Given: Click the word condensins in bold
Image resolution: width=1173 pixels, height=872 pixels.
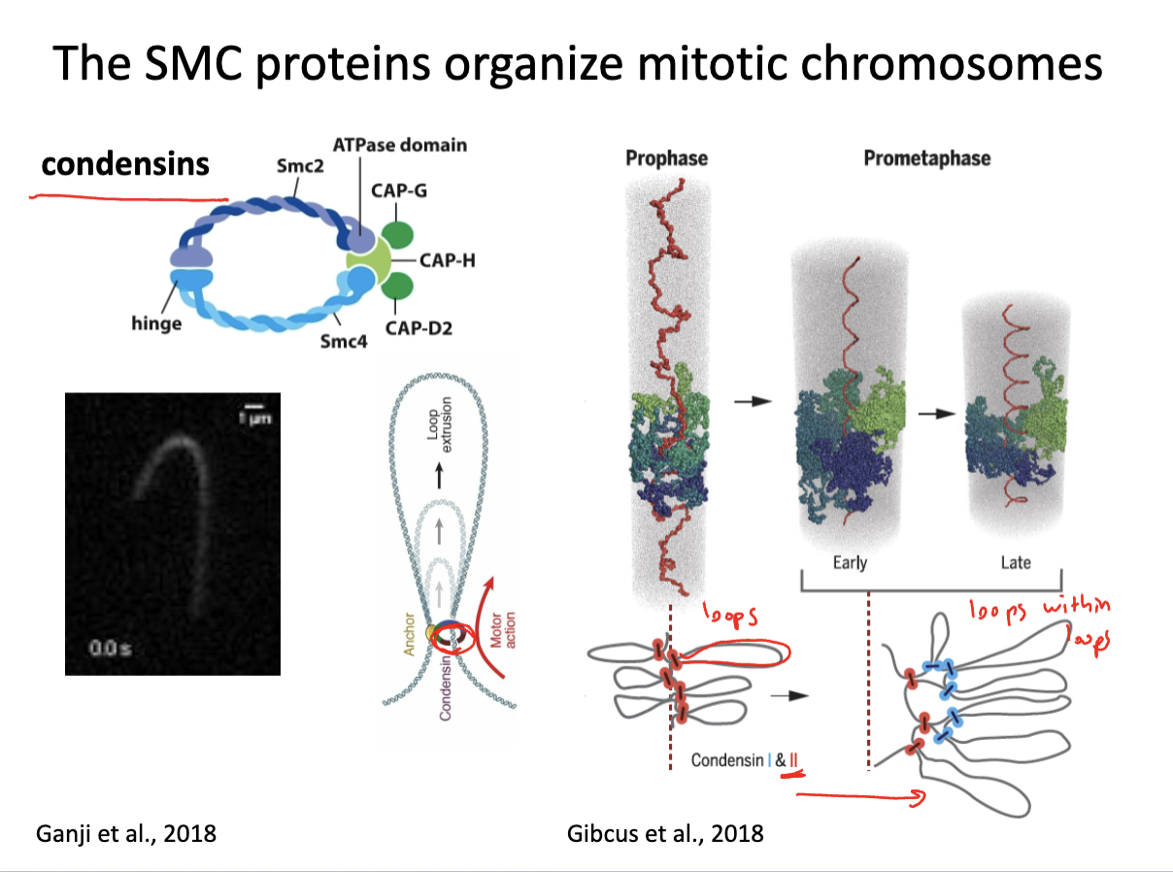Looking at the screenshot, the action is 125,164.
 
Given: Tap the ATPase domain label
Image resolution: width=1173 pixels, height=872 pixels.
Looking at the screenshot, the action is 400,145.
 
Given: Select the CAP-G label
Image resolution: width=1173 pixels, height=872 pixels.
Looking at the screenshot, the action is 399,190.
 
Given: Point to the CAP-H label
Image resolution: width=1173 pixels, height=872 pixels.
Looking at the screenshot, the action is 448,260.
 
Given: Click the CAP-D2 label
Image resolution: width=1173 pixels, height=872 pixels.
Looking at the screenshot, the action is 419,328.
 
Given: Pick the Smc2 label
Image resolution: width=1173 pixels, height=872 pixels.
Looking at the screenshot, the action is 300,166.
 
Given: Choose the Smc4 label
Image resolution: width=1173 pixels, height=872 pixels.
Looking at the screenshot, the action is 343,341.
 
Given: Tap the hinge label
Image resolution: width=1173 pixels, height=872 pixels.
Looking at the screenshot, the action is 156,323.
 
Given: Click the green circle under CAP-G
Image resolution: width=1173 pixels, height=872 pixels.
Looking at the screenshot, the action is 397,235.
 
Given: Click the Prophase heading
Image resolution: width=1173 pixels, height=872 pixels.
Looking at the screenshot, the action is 666,158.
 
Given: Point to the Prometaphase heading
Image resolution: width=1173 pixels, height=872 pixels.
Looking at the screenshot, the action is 927,158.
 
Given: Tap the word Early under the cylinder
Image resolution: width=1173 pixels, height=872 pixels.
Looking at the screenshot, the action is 850,562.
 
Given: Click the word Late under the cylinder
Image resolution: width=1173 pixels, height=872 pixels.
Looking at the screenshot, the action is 1016,562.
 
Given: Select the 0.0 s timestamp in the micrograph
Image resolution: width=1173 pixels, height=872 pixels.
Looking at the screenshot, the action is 110,648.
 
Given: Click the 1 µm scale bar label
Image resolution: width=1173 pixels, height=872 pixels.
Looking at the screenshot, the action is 255,419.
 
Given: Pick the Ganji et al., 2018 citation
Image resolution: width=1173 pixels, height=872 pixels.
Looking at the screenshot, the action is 126,833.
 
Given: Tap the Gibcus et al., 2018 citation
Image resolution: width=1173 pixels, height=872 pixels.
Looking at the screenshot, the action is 665,833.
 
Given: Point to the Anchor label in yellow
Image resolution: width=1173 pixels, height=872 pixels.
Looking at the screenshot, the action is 409,634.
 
